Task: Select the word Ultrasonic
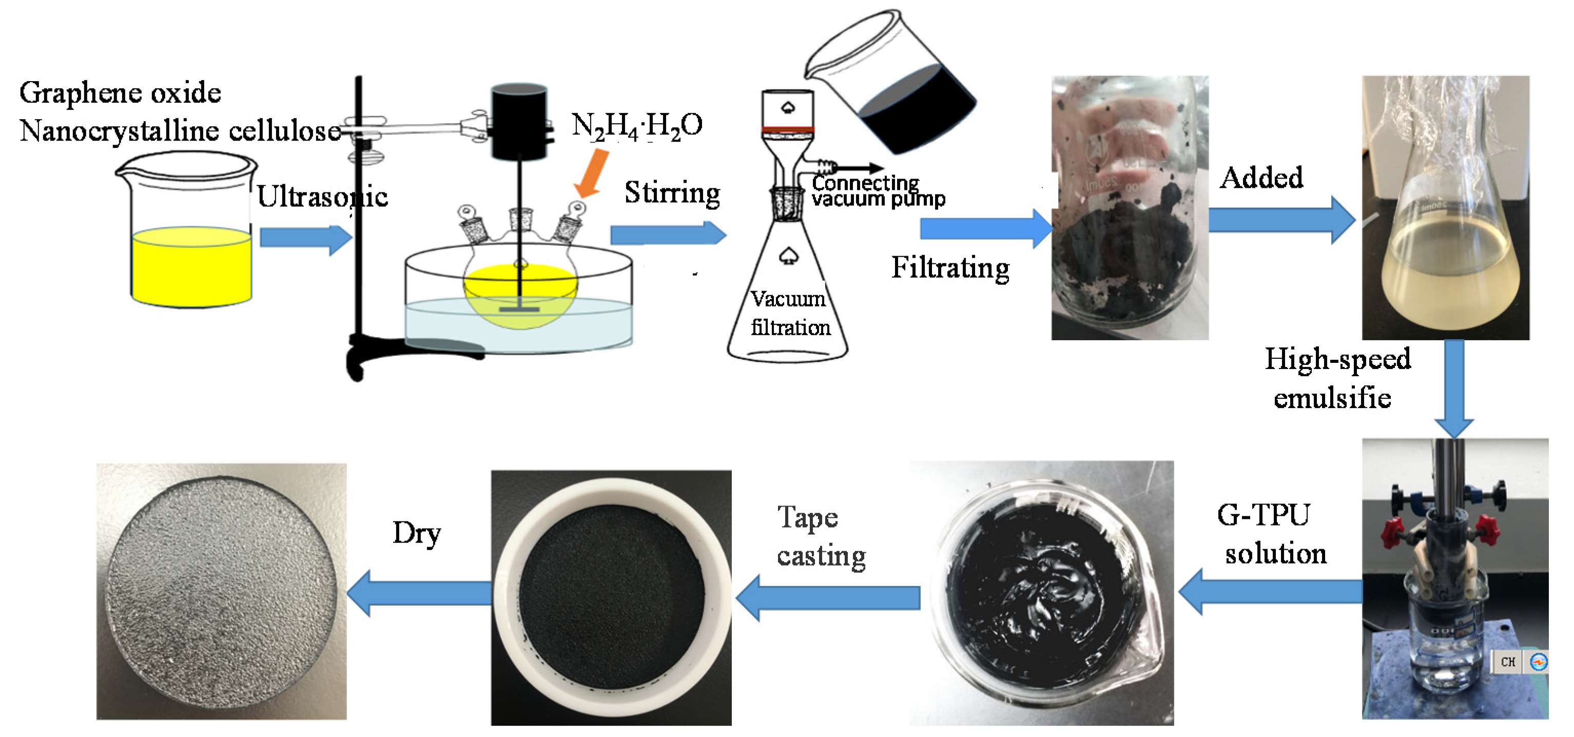[x=322, y=197]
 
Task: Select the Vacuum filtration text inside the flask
[x=789, y=313]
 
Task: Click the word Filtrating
[x=949, y=268]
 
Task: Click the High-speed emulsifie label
[x=1336, y=378]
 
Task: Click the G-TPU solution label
[x=1271, y=533]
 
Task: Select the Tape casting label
[x=820, y=536]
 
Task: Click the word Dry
[x=416, y=533]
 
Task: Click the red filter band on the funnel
[x=787, y=129]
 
